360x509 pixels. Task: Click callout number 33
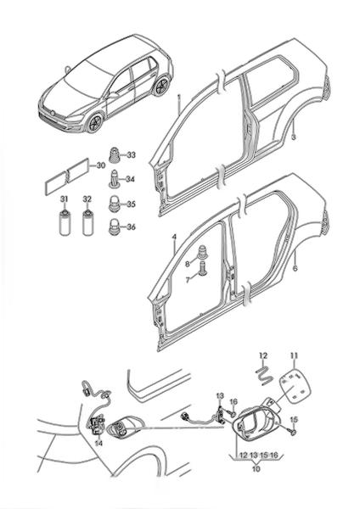[x=131, y=155]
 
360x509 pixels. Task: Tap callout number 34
[x=130, y=179]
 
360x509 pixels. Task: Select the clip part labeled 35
[x=114, y=204]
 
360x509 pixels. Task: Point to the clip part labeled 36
[x=114, y=227]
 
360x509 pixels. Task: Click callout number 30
[x=101, y=165]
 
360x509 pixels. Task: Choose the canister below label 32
[x=87, y=222]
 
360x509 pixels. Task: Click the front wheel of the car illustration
[x=95, y=123]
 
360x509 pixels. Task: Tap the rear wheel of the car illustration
[x=162, y=86]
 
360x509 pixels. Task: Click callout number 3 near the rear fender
[x=294, y=137]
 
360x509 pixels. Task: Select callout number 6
[x=295, y=268]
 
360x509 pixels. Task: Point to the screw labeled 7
[x=204, y=268]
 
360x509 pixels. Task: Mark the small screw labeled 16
[x=232, y=413]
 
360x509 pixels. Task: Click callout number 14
[x=98, y=443]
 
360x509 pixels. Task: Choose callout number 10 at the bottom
[x=256, y=469]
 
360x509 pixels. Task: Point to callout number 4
[x=174, y=238]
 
